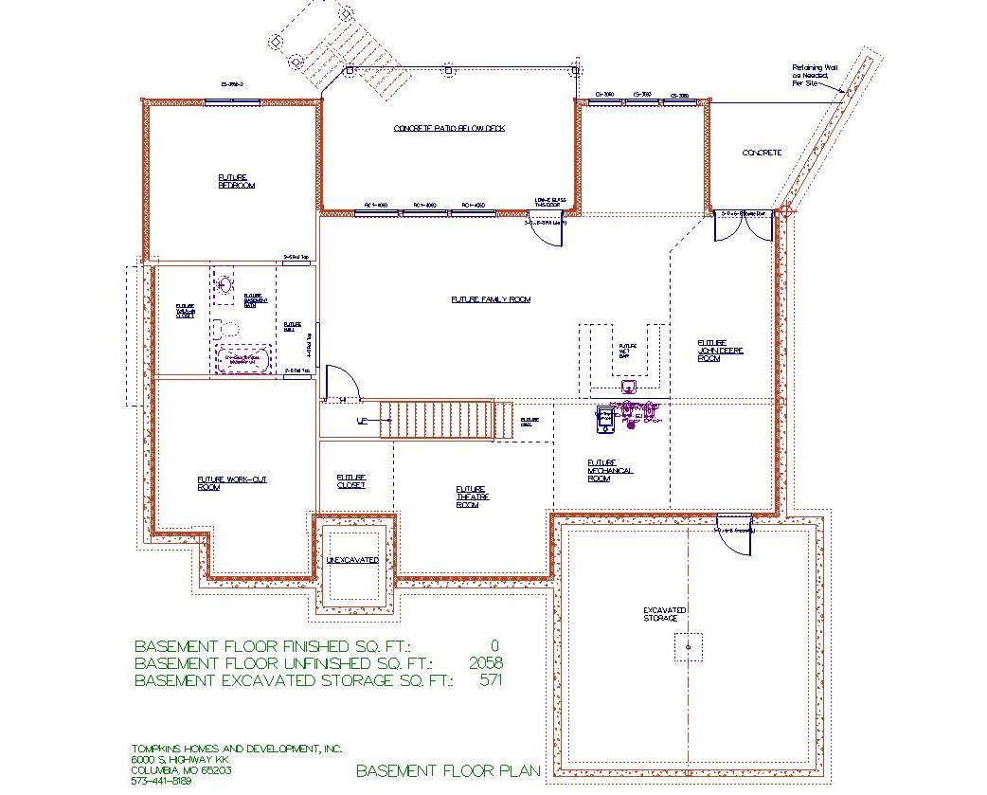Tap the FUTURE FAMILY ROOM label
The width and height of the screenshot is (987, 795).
tap(491, 299)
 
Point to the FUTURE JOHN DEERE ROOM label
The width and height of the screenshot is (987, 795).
tap(721, 351)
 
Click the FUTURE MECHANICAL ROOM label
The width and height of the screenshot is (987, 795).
tap(610, 471)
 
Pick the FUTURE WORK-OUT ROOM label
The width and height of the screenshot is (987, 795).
tap(231, 483)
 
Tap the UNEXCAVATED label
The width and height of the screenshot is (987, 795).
tap(352, 560)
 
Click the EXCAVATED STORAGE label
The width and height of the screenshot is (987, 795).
tap(665, 614)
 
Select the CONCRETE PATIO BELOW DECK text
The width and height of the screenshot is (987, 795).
tap(449, 128)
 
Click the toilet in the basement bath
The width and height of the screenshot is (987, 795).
tap(225, 330)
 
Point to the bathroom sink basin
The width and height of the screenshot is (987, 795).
tap(225, 283)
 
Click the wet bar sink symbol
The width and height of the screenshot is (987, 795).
tap(627, 387)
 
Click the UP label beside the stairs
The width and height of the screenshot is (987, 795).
tap(361, 420)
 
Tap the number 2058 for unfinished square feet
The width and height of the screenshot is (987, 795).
tap(485, 663)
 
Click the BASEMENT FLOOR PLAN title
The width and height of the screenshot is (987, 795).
tap(448, 770)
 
